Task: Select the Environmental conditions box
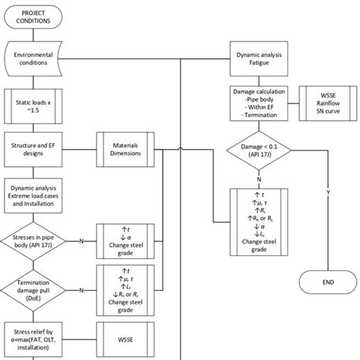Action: [x=38, y=58]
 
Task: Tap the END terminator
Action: [x=329, y=282]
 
